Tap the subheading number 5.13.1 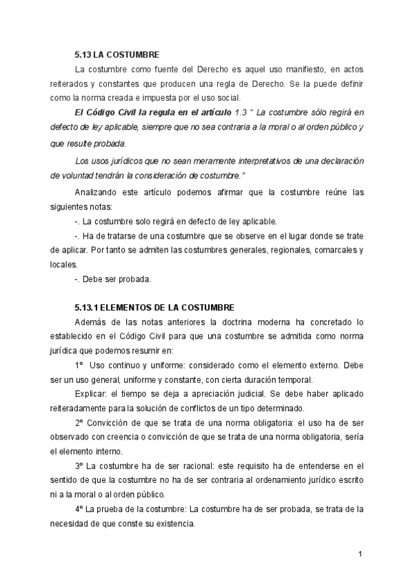[x=88, y=308]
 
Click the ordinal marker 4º [x=79, y=509]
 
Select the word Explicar [x=91, y=393]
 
